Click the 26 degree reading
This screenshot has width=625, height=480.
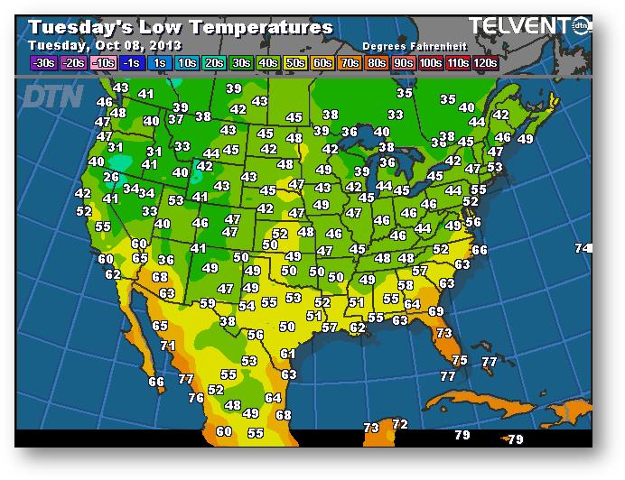click(x=111, y=177)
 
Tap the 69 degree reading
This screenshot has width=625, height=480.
click(x=436, y=311)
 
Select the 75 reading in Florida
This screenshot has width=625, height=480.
click(x=460, y=360)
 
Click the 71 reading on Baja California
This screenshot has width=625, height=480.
click(x=167, y=345)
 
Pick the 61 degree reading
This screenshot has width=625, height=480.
click(x=287, y=354)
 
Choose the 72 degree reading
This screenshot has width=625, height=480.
click(x=400, y=424)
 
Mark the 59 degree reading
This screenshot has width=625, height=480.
click(x=208, y=303)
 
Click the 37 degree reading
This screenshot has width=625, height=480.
click(x=175, y=119)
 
